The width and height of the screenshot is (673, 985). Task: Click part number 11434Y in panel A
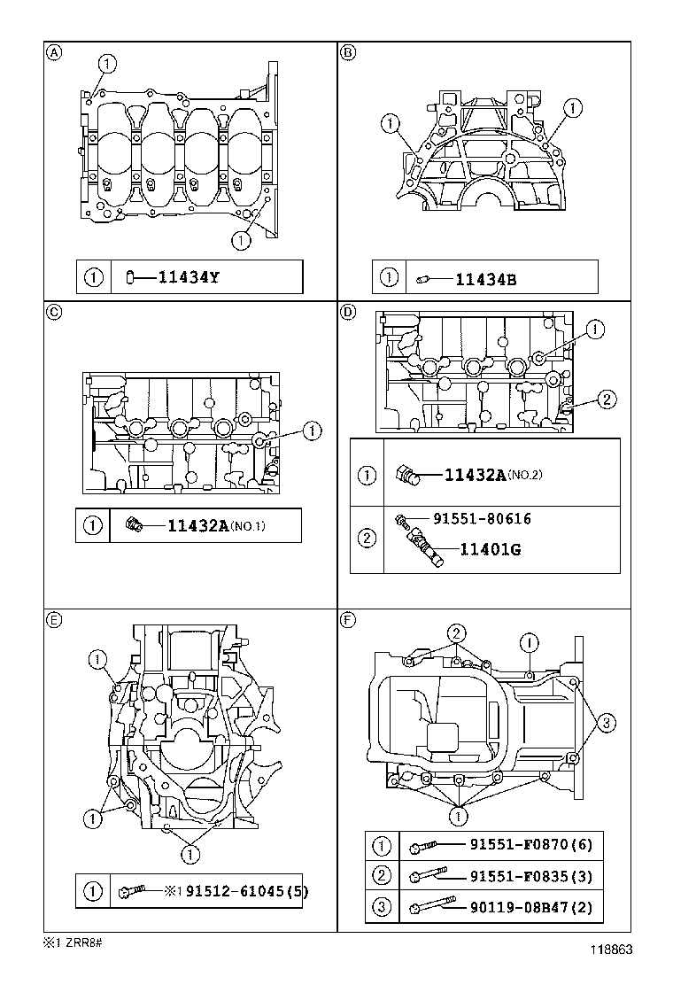(x=188, y=277)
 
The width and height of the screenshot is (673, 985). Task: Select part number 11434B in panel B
(x=485, y=280)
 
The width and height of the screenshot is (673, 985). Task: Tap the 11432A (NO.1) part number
(x=199, y=526)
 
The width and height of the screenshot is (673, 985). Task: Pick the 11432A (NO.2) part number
(x=474, y=475)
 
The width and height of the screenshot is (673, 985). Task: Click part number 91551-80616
(x=482, y=519)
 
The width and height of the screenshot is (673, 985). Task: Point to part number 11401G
(x=490, y=549)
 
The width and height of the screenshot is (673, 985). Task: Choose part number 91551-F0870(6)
(x=530, y=846)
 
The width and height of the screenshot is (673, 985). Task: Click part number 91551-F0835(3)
(x=530, y=876)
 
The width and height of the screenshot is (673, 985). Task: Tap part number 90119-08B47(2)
(x=530, y=907)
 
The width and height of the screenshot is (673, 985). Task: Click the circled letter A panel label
(x=54, y=52)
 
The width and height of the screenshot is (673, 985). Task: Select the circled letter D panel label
(x=348, y=312)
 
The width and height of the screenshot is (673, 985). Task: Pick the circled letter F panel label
(x=348, y=620)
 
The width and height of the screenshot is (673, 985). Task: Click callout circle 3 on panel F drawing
(x=606, y=724)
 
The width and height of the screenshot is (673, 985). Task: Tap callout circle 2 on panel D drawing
(x=606, y=400)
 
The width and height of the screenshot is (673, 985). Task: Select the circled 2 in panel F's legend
(x=382, y=876)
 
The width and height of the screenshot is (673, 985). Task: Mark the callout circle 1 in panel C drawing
(x=311, y=431)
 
